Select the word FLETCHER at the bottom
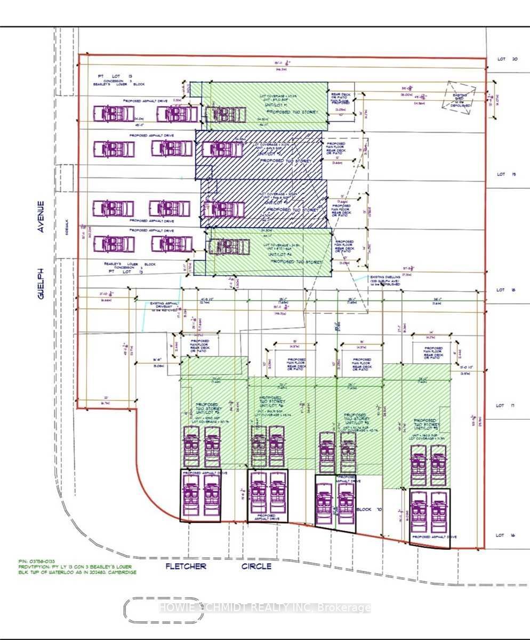click(x=186, y=566)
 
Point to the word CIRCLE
click(x=256, y=566)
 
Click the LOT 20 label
click(x=507, y=59)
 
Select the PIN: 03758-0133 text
click(x=36, y=561)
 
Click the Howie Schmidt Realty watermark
click(x=265, y=607)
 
